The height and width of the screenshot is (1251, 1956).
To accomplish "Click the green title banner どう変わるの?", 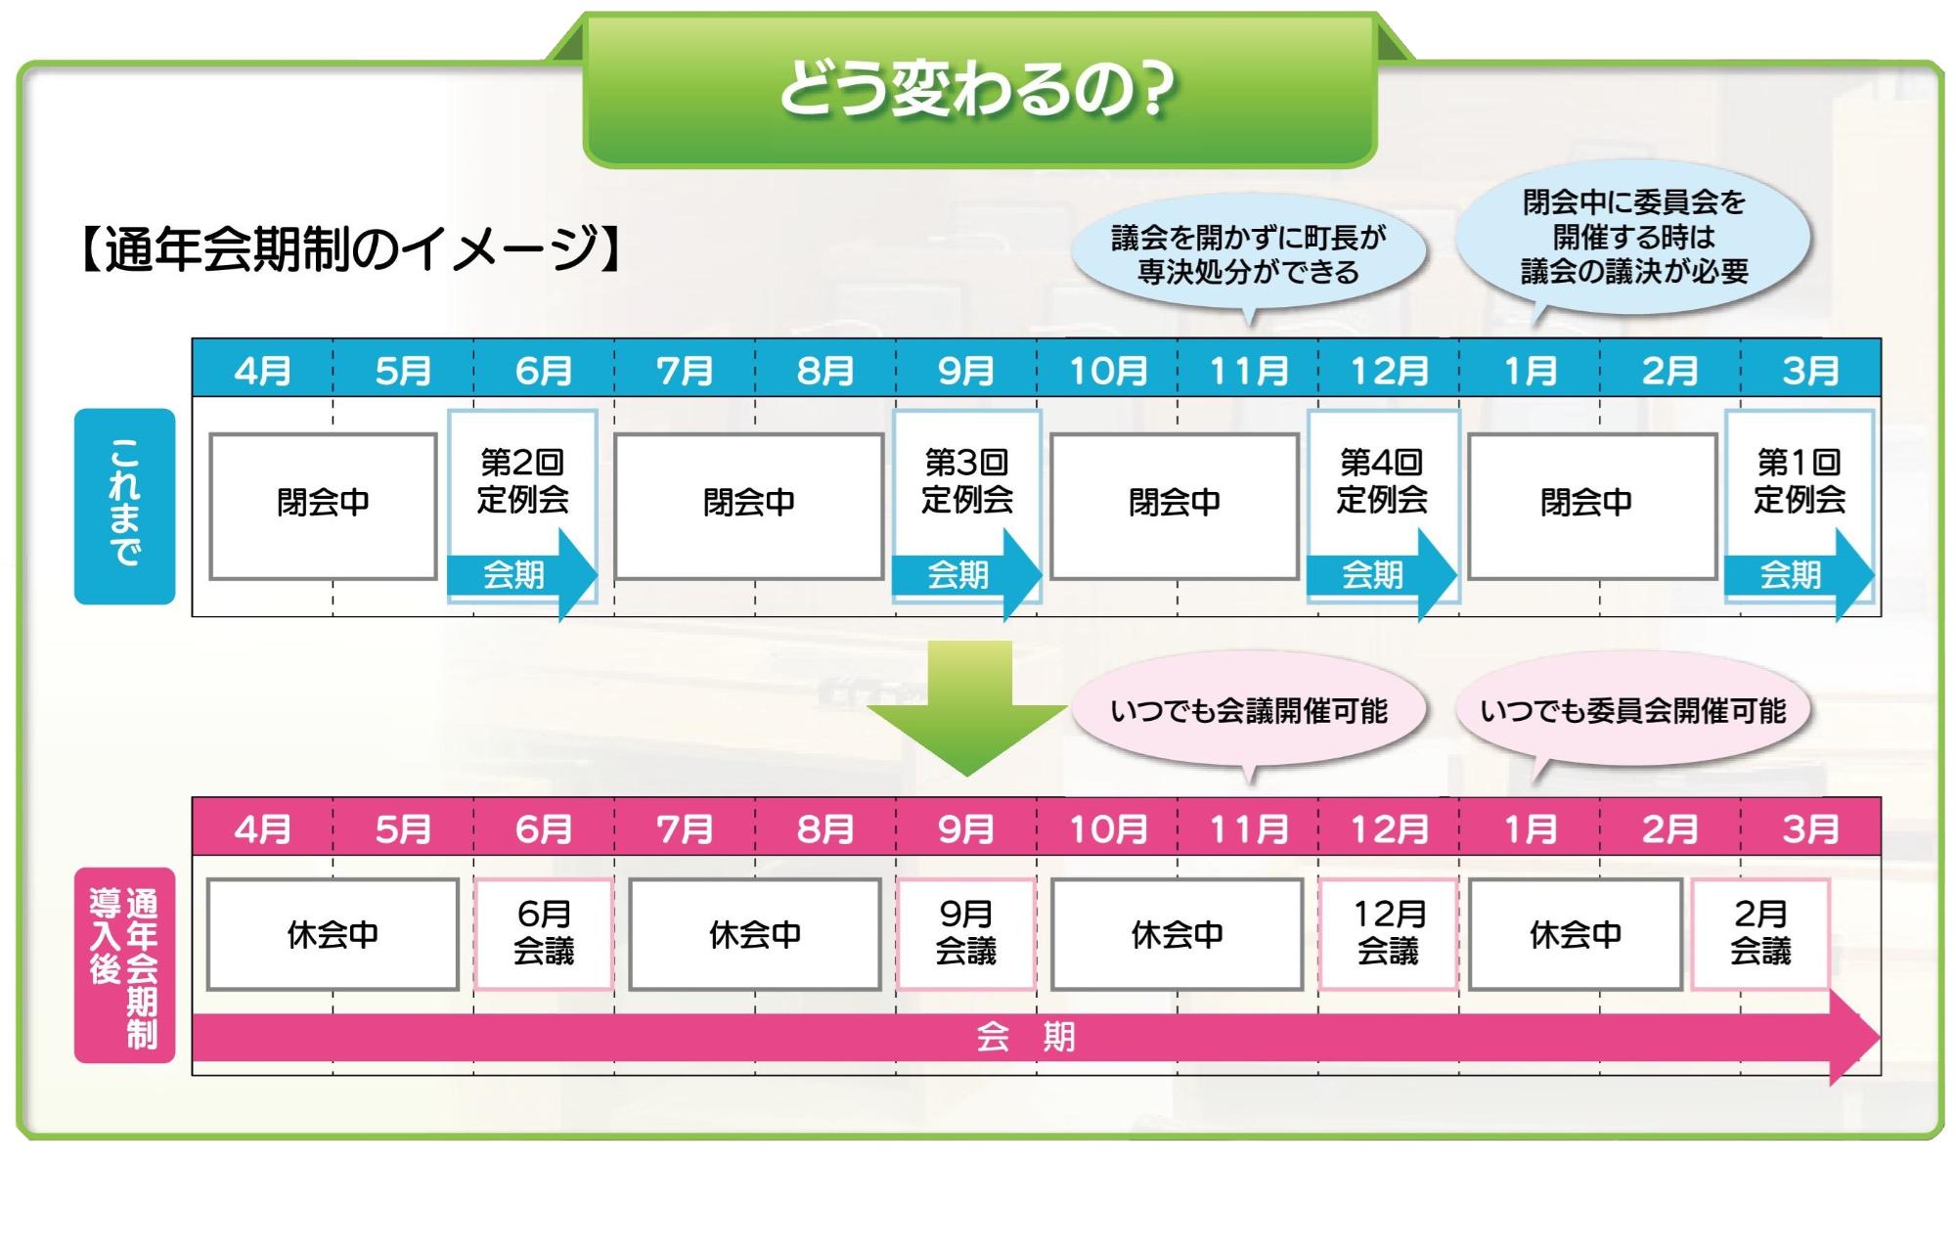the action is [980, 90].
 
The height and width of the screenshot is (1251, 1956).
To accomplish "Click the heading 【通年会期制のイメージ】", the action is [352, 248].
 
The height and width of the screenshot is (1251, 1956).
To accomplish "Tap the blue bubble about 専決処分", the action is [1249, 254].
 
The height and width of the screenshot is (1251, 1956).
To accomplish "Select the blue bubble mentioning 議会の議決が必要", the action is [1633, 238].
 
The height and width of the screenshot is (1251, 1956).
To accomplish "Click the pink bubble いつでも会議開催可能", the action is [1249, 711].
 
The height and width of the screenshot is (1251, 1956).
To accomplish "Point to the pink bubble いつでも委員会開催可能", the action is [1633, 711].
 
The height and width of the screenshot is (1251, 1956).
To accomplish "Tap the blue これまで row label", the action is [125, 506].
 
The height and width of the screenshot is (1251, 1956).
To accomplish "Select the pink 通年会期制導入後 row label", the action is [125, 965].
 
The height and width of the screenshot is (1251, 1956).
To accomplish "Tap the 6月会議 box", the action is [544, 934].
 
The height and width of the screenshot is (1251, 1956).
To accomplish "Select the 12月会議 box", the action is [1388, 934].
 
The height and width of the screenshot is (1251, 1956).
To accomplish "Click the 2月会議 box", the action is [1760, 934].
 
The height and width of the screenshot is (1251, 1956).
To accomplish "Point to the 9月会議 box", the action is [966, 934].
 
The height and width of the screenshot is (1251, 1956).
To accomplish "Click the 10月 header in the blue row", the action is [1108, 370].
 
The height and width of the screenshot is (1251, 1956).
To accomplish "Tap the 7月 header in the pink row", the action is [685, 829].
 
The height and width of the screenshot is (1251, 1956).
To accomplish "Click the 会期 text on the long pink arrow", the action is [1025, 1037].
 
